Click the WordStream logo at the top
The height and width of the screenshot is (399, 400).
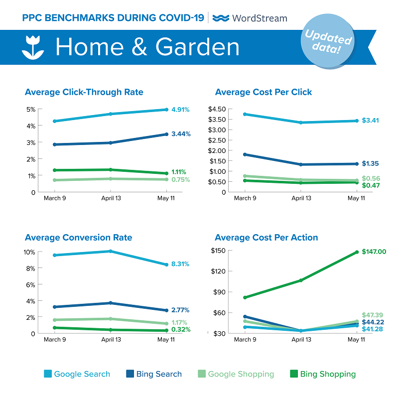pyautogui.click(x=250, y=18)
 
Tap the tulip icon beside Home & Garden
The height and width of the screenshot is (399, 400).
pyautogui.click(x=33, y=47)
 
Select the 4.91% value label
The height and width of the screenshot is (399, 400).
pyautogui.click(x=180, y=110)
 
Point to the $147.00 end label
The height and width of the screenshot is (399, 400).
pyautogui.click(x=374, y=252)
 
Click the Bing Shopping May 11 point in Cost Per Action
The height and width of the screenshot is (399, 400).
pyautogui.click(x=356, y=252)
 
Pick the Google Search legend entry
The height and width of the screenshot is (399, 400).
pyautogui.click(x=77, y=374)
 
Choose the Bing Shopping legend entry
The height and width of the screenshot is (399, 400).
pyautogui.click(x=322, y=374)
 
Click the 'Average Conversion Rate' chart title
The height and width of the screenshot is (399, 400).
pyautogui.click(x=78, y=238)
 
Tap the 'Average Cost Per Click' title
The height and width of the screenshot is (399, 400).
pyautogui.click(x=264, y=92)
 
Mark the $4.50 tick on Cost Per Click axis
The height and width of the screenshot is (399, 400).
pyautogui.click(x=217, y=109)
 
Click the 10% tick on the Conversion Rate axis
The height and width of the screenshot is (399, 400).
pyautogui.click(x=29, y=252)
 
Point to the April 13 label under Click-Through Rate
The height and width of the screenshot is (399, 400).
pyautogui.click(x=111, y=198)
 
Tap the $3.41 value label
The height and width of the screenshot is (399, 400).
pyautogui.click(x=374, y=121)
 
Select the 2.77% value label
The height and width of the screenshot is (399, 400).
pyautogui.click(x=180, y=310)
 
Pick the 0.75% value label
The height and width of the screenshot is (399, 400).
pyautogui.click(x=180, y=180)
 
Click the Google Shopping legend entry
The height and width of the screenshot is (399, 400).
pyautogui.click(x=235, y=374)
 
